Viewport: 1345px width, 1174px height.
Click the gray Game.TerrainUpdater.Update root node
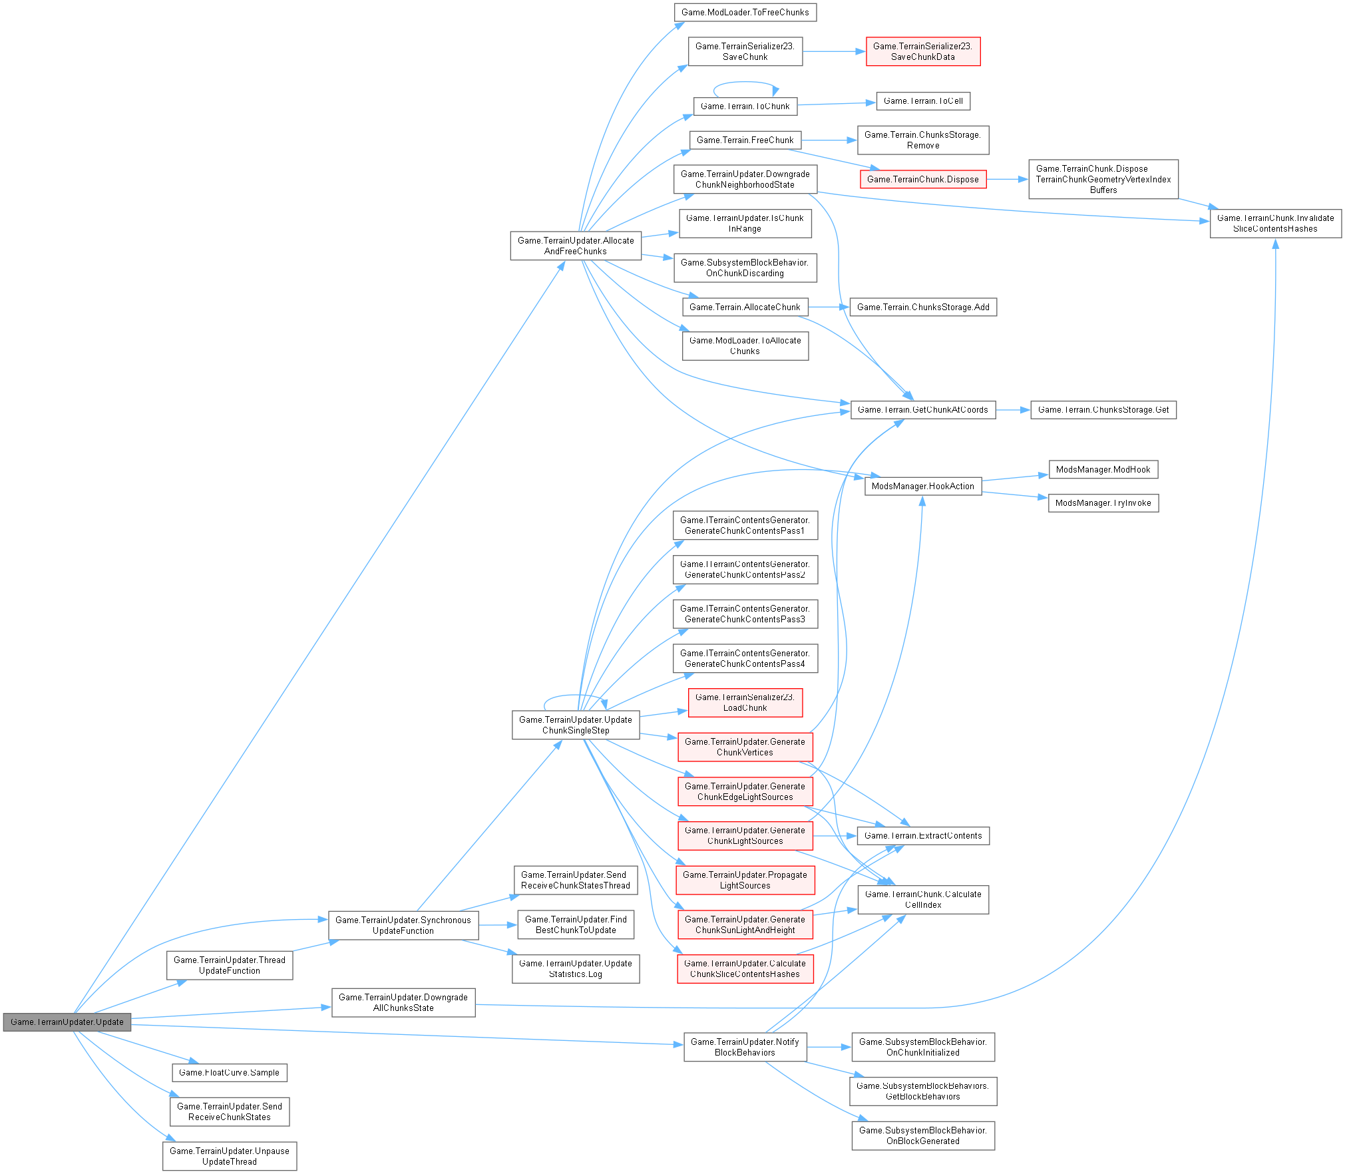tap(67, 1022)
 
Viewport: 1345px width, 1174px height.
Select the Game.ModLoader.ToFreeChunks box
tap(745, 13)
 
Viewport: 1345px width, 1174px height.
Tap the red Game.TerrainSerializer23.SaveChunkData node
tap(922, 51)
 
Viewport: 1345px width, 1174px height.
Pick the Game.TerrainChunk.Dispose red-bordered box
tap(922, 180)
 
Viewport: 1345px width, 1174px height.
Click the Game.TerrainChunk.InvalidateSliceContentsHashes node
tap(1275, 224)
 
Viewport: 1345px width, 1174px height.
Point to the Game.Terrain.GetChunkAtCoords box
tap(922, 410)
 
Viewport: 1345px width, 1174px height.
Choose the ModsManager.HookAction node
tap(922, 487)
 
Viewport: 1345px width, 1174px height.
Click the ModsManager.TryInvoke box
tap(1103, 503)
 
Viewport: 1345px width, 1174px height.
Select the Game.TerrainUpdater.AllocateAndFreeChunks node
tap(575, 246)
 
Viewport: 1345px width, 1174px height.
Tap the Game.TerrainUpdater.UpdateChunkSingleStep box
tap(575, 725)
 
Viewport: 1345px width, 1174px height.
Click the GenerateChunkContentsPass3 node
tap(745, 614)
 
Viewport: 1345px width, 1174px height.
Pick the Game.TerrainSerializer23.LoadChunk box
tap(745, 703)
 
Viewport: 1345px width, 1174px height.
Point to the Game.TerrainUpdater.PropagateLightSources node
tap(745, 880)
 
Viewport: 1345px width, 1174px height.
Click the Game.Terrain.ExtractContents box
tap(922, 836)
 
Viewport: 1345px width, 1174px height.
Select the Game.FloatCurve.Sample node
tap(229, 1073)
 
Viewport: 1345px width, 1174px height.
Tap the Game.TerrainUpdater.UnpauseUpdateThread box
tap(229, 1157)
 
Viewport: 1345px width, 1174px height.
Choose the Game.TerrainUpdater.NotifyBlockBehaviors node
tap(745, 1048)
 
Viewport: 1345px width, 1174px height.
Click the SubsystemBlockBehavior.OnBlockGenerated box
tap(922, 1136)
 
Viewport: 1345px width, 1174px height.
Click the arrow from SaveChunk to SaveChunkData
tap(834, 51)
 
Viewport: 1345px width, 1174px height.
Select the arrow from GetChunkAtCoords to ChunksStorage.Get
tap(1013, 410)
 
